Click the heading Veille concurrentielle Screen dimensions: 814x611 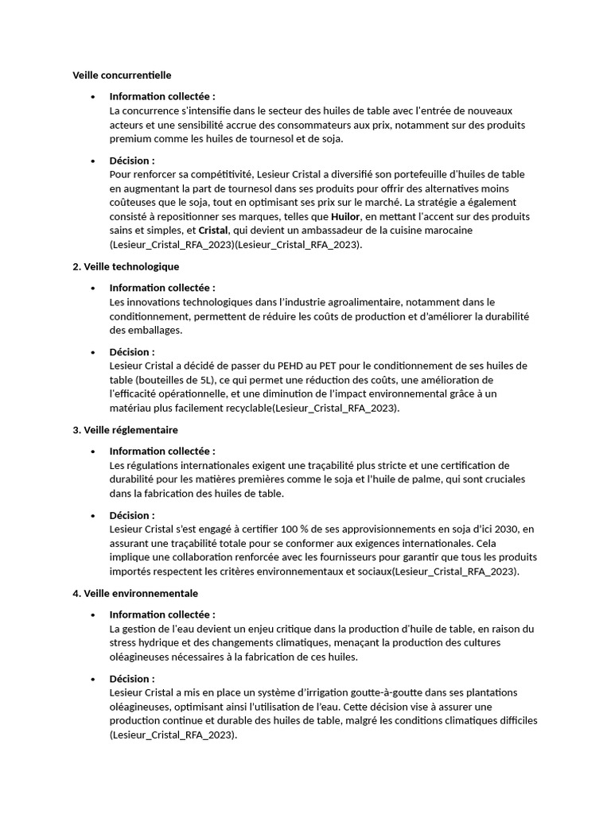tap(122, 76)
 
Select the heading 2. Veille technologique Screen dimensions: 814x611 tap(126, 266)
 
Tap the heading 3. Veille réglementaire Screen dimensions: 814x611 tap(125, 430)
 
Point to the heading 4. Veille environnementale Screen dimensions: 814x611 tap(135, 593)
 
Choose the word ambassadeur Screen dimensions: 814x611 tap(348, 231)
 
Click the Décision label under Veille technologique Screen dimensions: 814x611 tap(132, 351)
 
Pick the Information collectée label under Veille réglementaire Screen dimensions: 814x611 tap(162, 451)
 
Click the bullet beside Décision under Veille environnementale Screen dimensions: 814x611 tap(93, 679)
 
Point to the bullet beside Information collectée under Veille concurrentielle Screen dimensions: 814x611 tap(93, 97)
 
